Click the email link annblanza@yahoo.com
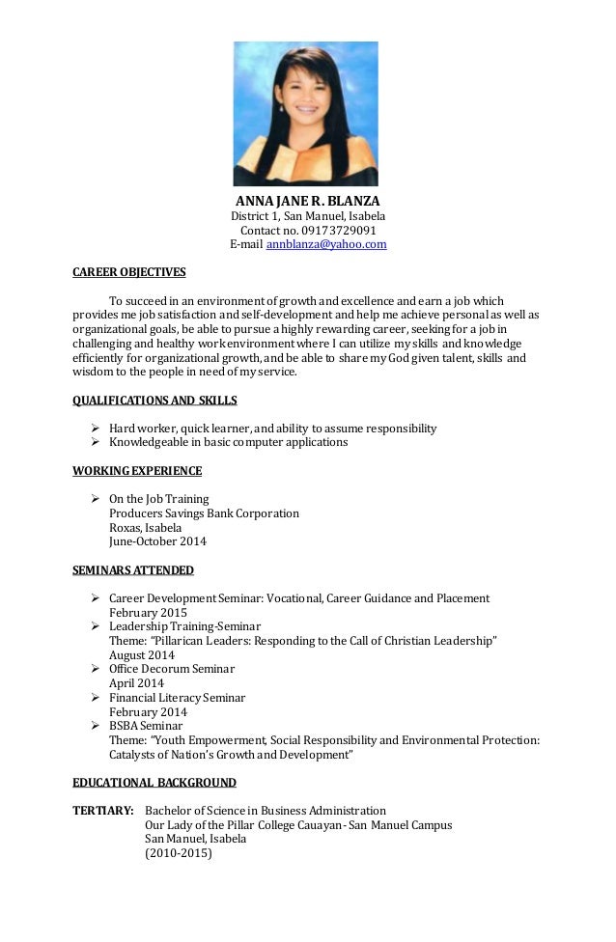tap(326, 245)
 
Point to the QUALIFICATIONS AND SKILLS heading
tap(155, 401)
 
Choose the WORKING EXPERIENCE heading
tap(137, 471)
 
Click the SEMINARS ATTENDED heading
tap(133, 570)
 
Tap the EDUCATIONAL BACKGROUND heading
tap(154, 783)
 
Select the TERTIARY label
tap(103, 811)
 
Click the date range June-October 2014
tap(157, 541)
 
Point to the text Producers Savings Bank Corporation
tap(204, 513)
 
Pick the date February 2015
tap(148, 613)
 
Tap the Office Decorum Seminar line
tap(172, 669)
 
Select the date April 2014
tap(136, 683)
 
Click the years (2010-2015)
tap(178, 853)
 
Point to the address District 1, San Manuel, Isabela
tap(306, 216)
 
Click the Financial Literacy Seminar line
tap(177, 698)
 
